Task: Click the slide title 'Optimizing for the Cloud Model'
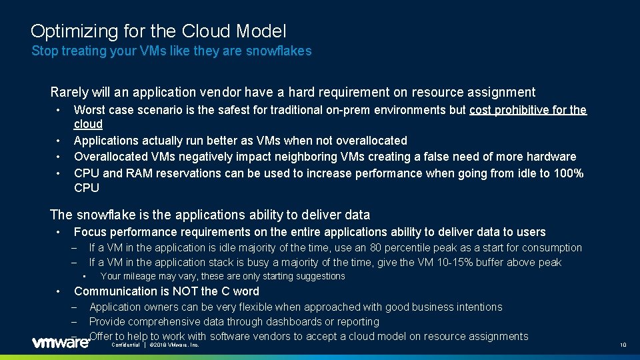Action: pos(159,31)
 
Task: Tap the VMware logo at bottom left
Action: pos(61,343)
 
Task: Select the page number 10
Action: pos(623,345)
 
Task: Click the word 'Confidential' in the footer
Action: pos(126,345)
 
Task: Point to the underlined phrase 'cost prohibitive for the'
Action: pos(528,110)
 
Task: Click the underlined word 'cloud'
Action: pos(88,124)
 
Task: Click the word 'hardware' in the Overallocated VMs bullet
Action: pos(551,157)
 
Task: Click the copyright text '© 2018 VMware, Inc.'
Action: pos(174,345)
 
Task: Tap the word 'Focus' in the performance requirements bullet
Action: pos(89,232)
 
